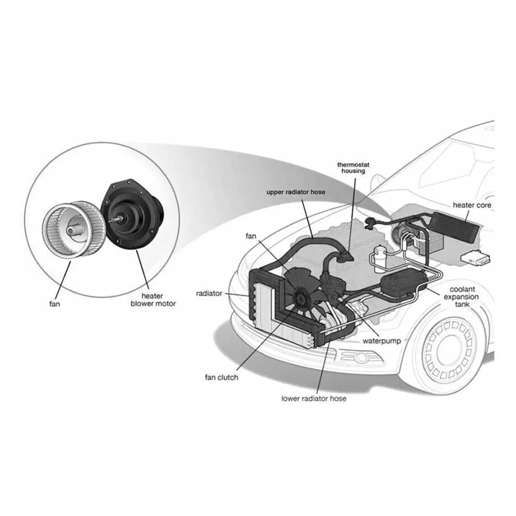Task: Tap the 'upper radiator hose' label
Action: pos(295,192)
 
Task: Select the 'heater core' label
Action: pos(472,205)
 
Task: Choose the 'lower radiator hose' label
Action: pos(314,399)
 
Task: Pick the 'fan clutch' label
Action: pos(221,377)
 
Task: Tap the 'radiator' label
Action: pos(209,294)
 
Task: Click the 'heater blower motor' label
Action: pos(153,300)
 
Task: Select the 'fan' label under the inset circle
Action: pos(55,304)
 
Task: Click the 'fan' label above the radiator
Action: pos(251,236)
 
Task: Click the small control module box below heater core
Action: pos(476,258)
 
